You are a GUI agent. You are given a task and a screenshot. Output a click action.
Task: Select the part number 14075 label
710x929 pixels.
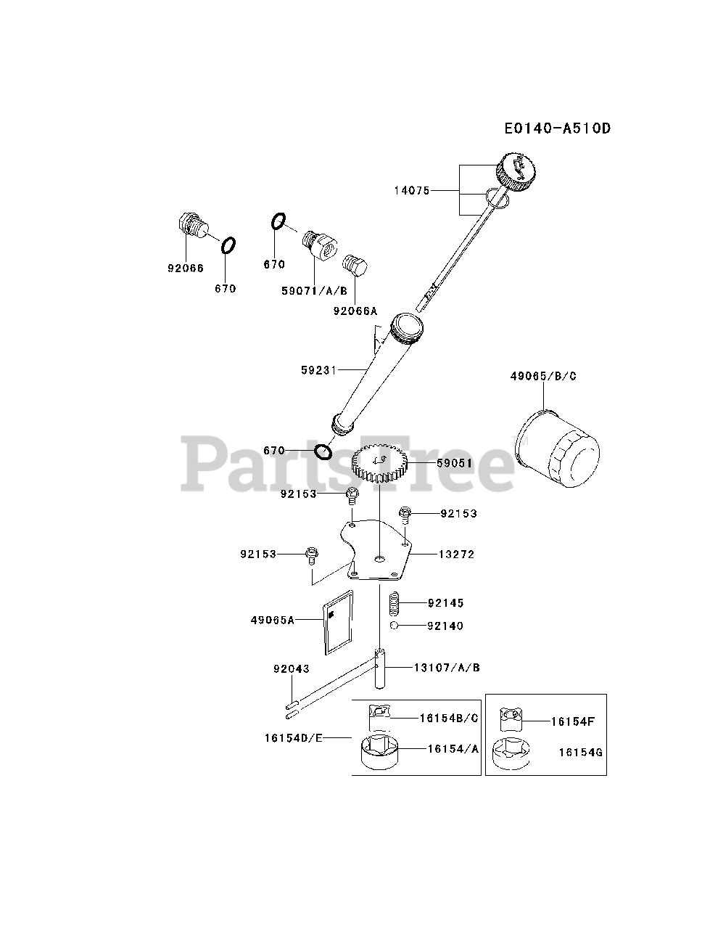pyautogui.click(x=412, y=191)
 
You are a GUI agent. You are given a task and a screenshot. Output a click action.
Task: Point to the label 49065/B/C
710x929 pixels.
pyautogui.click(x=543, y=376)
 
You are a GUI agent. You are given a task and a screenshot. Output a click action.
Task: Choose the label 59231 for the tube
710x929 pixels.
pyautogui.click(x=319, y=369)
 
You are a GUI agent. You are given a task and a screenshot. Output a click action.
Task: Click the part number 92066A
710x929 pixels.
pyautogui.click(x=355, y=311)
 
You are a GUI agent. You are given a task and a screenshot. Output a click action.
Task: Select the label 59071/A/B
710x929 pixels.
pyautogui.click(x=314, y=290)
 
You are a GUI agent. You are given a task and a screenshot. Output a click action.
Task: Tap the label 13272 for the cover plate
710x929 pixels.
pyautogui.click(x=456, y=554)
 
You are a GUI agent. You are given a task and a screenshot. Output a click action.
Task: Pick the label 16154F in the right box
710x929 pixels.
pyautogui.click(x=573, y=721)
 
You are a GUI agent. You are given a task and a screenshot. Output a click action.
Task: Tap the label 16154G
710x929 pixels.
pyautogui.click(x=580, y=753)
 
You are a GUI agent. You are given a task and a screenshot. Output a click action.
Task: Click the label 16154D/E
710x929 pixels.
pyautogui.click(x=294, y=738)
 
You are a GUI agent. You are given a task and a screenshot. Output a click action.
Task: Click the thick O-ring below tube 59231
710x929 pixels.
pyautogui.click(x=323, y=452)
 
